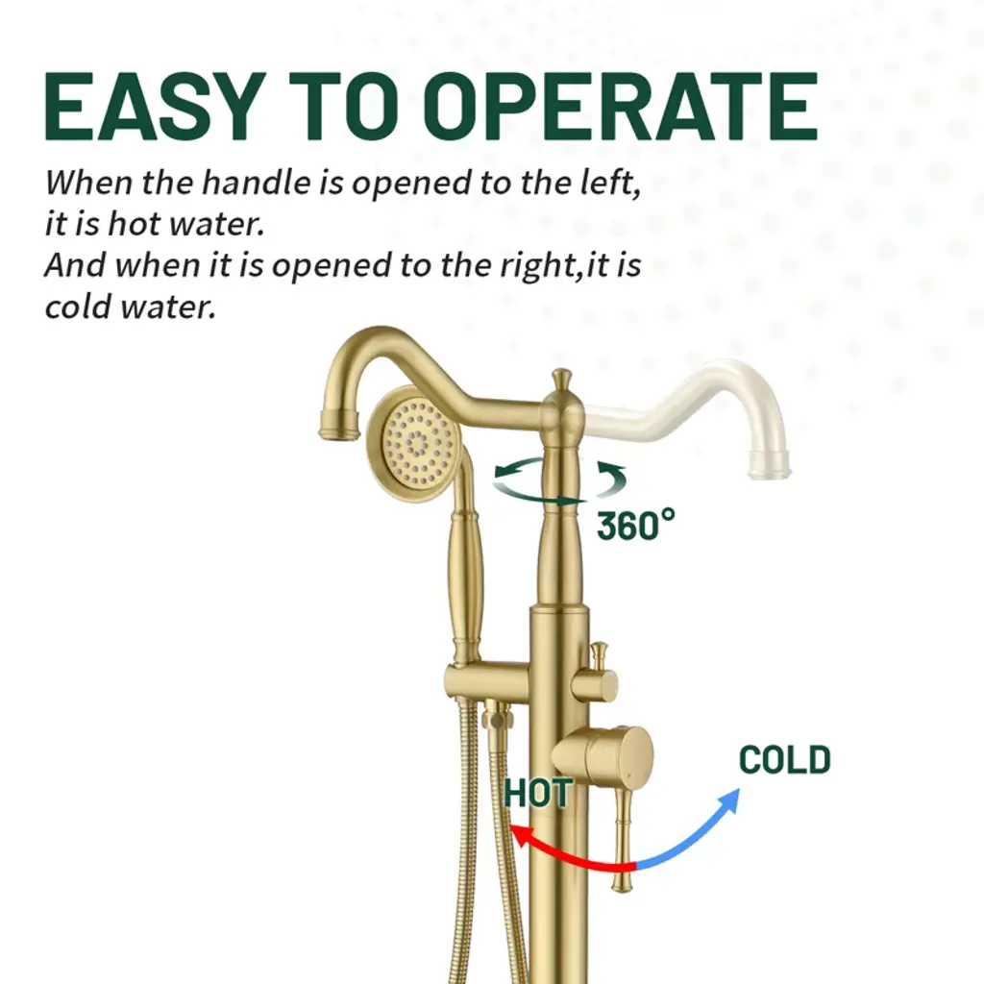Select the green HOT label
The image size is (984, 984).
coord(538,793)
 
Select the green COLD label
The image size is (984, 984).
coord(785,759)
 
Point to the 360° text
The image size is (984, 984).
coord(635,526)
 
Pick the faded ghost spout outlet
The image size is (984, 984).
coord(769,463)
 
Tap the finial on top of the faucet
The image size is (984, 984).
coord(561,381)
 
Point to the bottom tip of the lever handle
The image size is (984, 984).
coord(622,889)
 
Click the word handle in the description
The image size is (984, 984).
coord(256,182)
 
